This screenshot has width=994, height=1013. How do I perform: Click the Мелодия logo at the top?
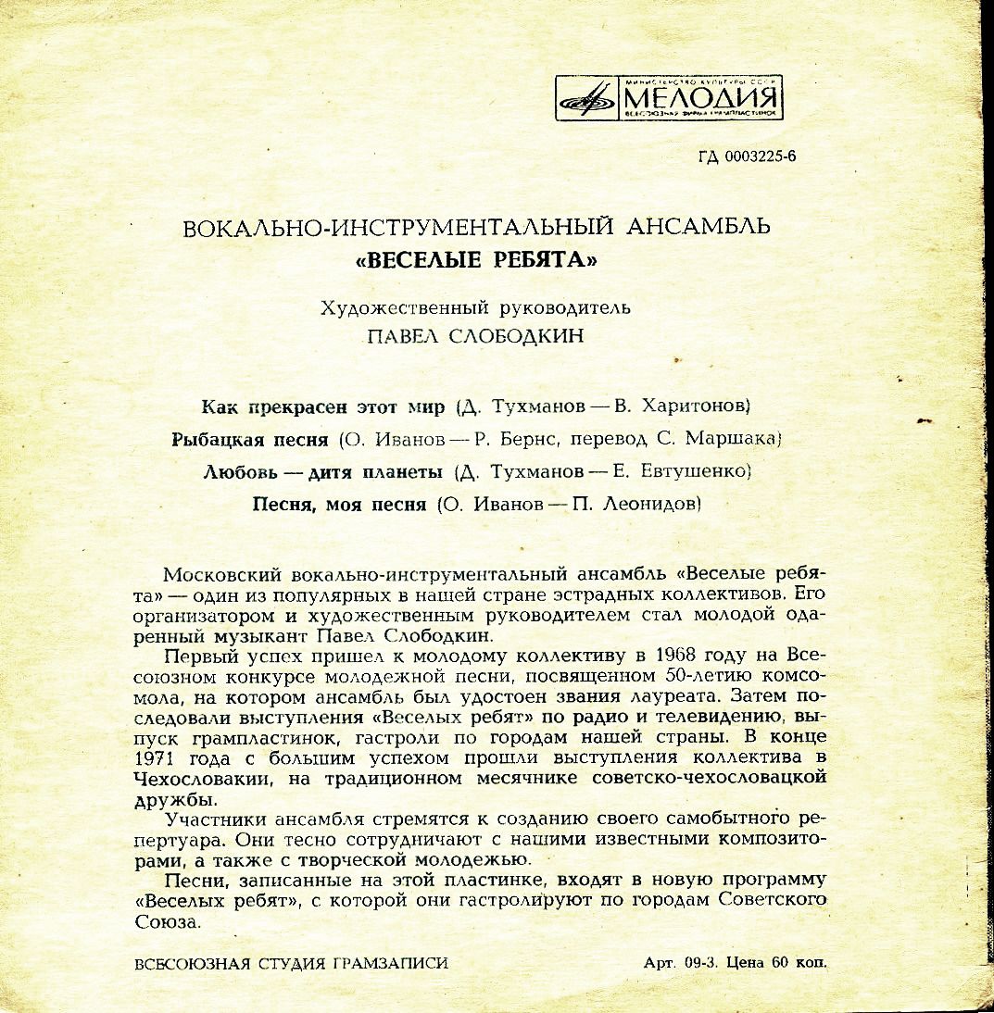[669, 95]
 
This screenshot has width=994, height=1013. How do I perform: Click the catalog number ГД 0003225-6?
[747, 156]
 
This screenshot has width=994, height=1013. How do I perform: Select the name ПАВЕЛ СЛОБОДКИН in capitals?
[476, 335]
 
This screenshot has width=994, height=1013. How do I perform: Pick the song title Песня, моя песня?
[340, 505]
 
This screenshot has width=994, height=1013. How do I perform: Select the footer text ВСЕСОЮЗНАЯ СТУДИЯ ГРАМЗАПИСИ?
[291, 963]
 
